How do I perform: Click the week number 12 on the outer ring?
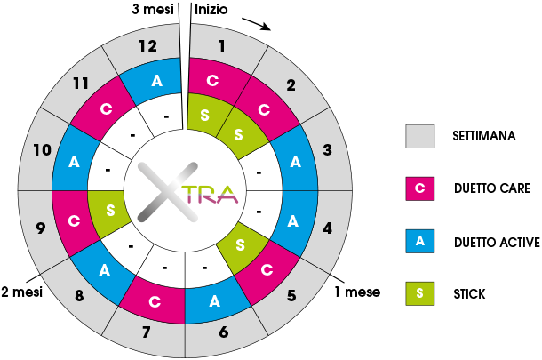(148, 46)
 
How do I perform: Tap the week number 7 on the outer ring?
(147, 332)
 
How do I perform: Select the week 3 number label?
(327, 149)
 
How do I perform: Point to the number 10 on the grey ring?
(42, 150)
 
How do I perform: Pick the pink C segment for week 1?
(214, 81)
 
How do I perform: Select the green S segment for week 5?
(241, 246)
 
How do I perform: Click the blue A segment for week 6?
(215, 301)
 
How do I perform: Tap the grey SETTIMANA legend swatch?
(419, 136)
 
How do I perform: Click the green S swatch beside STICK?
(419, 293)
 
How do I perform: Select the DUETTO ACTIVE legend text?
(497, 242)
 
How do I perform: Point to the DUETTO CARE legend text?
(492, 188)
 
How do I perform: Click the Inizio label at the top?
(211, 10)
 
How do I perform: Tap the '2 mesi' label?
(22, 292)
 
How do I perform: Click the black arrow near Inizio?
(256, 24)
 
